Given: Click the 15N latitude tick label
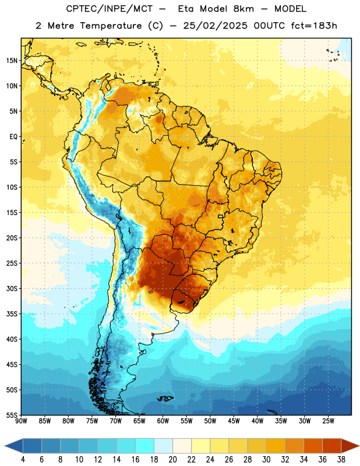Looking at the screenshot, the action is pyautogui.click(x=12, y=61).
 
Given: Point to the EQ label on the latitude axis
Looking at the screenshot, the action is pyautogui.click(x=13, y=137).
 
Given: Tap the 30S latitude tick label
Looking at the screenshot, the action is pyautogui.click(x=12, y=288).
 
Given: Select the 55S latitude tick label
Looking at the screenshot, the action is pyautogui.click(x=12, y=415).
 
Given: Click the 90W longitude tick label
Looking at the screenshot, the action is pyautogui.click(x=21, y=421).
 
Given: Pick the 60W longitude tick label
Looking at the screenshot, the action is pyautogui.click(x=163, y=421).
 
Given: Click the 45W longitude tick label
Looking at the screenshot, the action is pyautogui.click(x=234, y=421).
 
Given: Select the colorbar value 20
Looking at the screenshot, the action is pyautogui.click(x=172, y=460).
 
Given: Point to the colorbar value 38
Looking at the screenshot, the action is pyautogui.click(x=341, y=460).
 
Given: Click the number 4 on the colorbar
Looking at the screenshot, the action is pyautogui.click(x=23, y=460).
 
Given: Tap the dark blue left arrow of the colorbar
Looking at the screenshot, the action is pyautogui.click(x=13, y=446).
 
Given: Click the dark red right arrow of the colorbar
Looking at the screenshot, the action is pyautogui.click(x=350, y=446).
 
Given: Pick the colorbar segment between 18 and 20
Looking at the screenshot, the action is pyautogui.click(x=164, y=446).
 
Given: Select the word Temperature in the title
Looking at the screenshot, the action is pyautogui.click(x=111, y=26).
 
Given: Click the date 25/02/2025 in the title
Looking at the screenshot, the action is pyautogui.click(x=215, y=26).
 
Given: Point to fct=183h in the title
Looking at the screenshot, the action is pyautogui.click(x=314, y=26).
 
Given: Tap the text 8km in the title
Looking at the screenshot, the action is pyautogui.click(x=243, y=9).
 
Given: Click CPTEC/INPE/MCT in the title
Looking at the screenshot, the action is pyautogui.click(x=109, y=9).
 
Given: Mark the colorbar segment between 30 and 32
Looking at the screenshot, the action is pyautogui.click(x=276, y=446).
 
